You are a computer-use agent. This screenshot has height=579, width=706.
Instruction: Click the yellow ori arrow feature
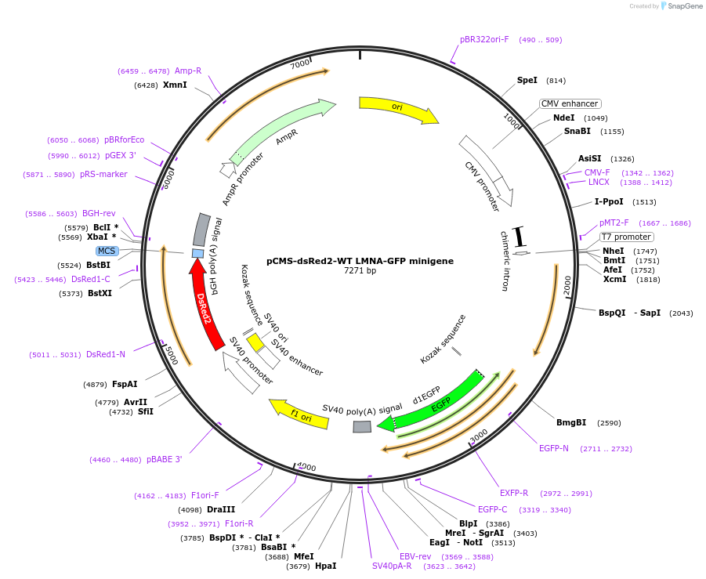click(397, 108)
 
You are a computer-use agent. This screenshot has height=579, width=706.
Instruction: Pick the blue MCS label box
click(107, 251)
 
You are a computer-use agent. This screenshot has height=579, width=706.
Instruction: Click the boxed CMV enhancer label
click(570, 103)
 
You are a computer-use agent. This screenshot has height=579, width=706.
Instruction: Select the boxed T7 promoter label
click(626, 237)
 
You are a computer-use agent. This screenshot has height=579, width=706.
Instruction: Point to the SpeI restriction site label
click(527, 80)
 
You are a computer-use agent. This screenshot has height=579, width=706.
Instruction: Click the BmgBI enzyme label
click(571, 422)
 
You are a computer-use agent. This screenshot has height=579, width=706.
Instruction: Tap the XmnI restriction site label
click(175, 85)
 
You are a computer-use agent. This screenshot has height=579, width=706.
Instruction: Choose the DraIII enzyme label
click(221, 509)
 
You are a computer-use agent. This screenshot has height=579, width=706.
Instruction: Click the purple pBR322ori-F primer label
click(484, 39)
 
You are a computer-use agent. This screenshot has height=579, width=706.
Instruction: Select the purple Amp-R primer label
click(188, 71)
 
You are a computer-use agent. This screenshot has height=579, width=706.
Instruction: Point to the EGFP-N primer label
click(554, 448)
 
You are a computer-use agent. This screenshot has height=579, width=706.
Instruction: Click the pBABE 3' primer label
click(165, 459)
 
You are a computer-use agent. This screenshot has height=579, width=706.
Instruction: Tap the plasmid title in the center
click(360, 260)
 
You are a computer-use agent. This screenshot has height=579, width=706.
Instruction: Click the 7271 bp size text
click(360, 271)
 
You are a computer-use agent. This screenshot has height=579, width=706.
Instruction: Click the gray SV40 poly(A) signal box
click(362, 426)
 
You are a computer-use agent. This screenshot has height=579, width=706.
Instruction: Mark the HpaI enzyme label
click(325, 566)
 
